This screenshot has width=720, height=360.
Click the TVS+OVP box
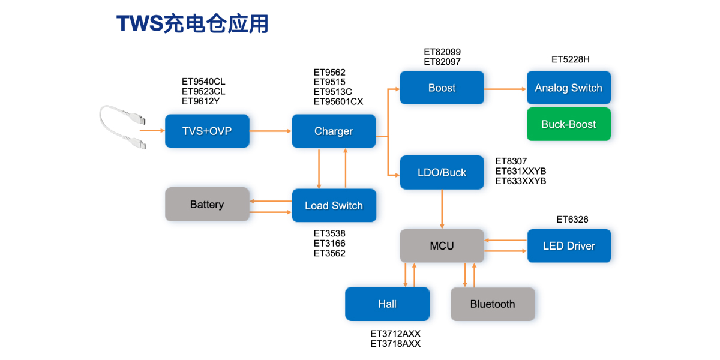coord(207,131)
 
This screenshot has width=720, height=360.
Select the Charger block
coord(334,131)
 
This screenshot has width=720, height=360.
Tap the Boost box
coord(442,88)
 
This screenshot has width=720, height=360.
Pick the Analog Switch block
coord(568,88)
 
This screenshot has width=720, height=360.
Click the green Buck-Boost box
coord(568,124)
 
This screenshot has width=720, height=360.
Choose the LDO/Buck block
coord(442,172)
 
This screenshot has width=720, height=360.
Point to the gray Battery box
coord(207,205)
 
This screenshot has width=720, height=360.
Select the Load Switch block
coord(334,206)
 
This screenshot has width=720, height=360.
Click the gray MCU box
coord(442,245)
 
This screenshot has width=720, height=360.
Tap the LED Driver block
coord(569,245)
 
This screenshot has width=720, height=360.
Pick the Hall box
coord(387,304)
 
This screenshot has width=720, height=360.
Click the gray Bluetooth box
coord(493,304)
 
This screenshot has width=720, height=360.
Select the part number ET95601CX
coord(338,101)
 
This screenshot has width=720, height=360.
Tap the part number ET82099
coord(442,52)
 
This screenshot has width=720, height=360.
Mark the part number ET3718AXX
coord(395,344)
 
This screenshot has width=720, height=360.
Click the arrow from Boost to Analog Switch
coord(505,89)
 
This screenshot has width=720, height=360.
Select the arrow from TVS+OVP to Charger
coord(270,131)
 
